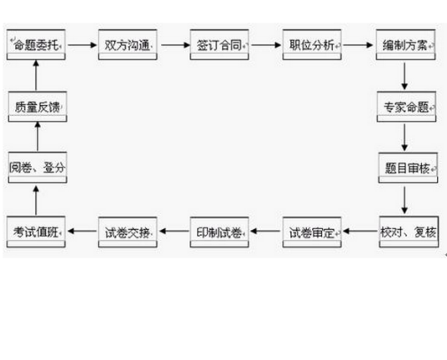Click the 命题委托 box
click(38, 44)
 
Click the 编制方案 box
click(404, 44)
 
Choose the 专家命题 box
click(404, 107)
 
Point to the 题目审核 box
click(404, 169)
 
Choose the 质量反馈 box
click(38, 107)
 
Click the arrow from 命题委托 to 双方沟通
click(82, 44)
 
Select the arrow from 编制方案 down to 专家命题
click(404, 75)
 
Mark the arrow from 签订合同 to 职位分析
click(266, 44)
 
